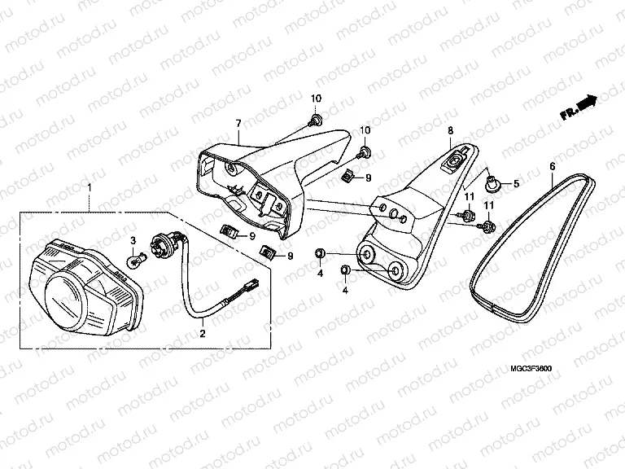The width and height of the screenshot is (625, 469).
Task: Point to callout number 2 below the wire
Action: pyautogui.click(x=203, y=332)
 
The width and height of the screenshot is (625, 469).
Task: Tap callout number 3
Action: pyautogui.click(x=133, y=239)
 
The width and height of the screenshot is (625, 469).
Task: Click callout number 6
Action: pyautogui.click(x=553, y=167)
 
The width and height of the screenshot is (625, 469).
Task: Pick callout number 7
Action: pyautogui.click(x=238, y=123)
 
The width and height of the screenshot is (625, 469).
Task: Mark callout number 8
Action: pyautogui.click(x=449, y=130)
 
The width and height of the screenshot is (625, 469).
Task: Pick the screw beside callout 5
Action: pyautogui.click(x=492, y=180)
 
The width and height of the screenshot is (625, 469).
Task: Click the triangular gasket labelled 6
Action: pyautogui.click(x=530, y=244)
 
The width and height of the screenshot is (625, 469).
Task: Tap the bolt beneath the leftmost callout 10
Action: pyautogui.click(x=315, y=121)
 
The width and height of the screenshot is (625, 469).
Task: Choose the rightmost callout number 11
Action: pyautogui.click(x=489, y=209)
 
